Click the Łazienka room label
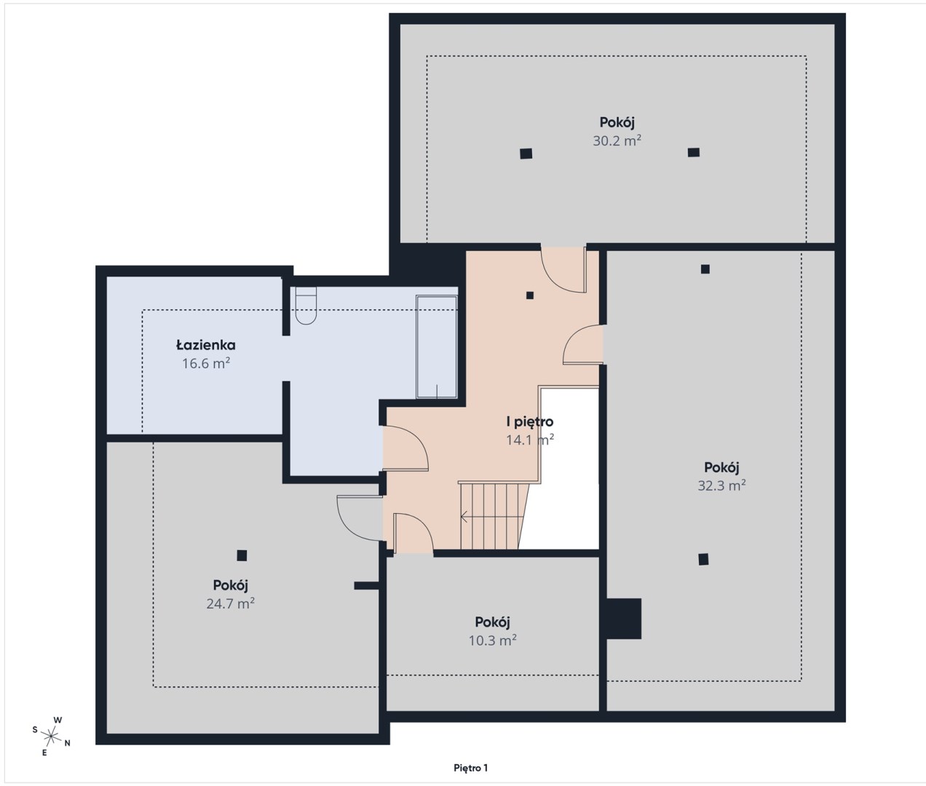click(205, 345)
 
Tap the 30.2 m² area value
click(617, 140)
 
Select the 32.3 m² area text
click(721, 485)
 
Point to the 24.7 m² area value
click(230, 604)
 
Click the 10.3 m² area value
click(492, 640)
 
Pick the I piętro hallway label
click(529, 422)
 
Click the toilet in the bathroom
click(306, 306)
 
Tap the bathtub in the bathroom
click(436, 346)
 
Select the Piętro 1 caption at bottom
click(470, 768)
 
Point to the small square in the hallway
click(529, 295)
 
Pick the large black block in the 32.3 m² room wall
click(624, 619)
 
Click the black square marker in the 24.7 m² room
click(242, 555)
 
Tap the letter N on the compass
click(67, 744)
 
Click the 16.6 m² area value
click(205, 363)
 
